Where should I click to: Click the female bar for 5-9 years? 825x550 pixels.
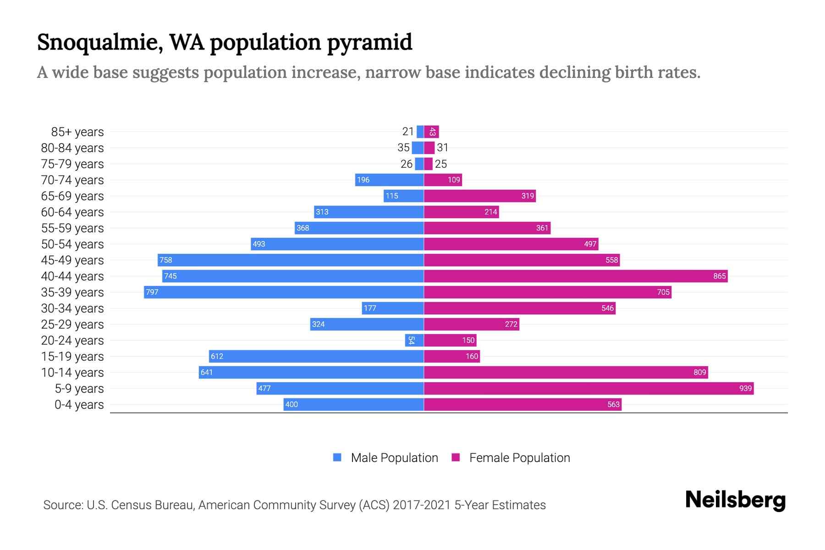pyautogui.click(x=588, y=389)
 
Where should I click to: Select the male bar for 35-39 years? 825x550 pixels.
pyautogui.click(x=284, y=292)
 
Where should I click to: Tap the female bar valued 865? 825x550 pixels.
pyautogui.click(x=575, y=276)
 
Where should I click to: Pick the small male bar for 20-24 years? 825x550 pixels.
pyautogui.click(x=414, y=341)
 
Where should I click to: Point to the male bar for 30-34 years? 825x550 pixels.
pyautogui.click(x=393, y=308)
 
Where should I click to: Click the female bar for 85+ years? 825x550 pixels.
pyautogui.click(x=431, y=132)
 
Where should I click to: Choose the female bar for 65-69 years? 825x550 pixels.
pyautogui.click(x=479, y=196)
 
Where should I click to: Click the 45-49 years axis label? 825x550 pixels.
pyautogui.click(x=72, y=260)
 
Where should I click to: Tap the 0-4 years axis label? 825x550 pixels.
pyautogui.click(x=79, y=405)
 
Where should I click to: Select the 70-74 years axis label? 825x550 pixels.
pyautogui.click(x=72, y=180)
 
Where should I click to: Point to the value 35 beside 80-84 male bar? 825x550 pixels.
pyautogui.click(x=403, y=148)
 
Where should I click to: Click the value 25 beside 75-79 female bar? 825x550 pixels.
pyautogui.click(x=440, y=164)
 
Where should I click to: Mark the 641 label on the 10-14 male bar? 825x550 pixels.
pyautogui.click(x=207, y=373)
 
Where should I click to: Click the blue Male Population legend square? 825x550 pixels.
pyautogui.click(x=337, y=457)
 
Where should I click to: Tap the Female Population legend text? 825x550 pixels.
pyautogui.click(x=519, y=458)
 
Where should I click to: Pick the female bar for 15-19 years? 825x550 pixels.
pyautogui.click(x=451, y=357)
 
